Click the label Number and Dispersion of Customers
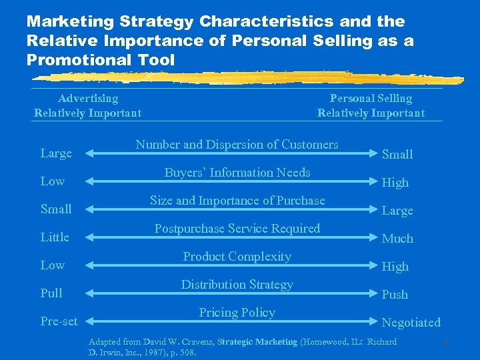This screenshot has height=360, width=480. [237, 145]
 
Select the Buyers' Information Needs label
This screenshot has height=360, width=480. [237, 173]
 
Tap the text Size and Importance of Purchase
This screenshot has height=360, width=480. [237, 201]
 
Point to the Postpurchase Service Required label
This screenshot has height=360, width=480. [237, 229]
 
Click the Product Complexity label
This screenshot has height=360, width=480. [237, 257]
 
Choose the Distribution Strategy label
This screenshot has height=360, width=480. [237, 285]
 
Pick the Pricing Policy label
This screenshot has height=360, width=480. [237, 313]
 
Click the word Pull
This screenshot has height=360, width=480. [51, 293]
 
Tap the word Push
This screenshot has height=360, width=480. [395, 295]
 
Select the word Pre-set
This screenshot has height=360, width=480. [59, 321]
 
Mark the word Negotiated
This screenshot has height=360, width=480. [411, 323]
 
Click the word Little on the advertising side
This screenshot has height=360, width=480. [55, 237]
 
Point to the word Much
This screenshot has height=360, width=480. [397, 239]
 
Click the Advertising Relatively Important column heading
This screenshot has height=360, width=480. [87, 105]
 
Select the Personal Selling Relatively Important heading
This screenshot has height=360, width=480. [371, 105]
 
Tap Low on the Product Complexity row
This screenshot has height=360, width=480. [52, 265]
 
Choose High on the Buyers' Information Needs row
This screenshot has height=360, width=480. [395, 183]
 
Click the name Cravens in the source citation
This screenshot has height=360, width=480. [196, 342]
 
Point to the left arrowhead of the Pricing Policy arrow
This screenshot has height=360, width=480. [88, 321]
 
